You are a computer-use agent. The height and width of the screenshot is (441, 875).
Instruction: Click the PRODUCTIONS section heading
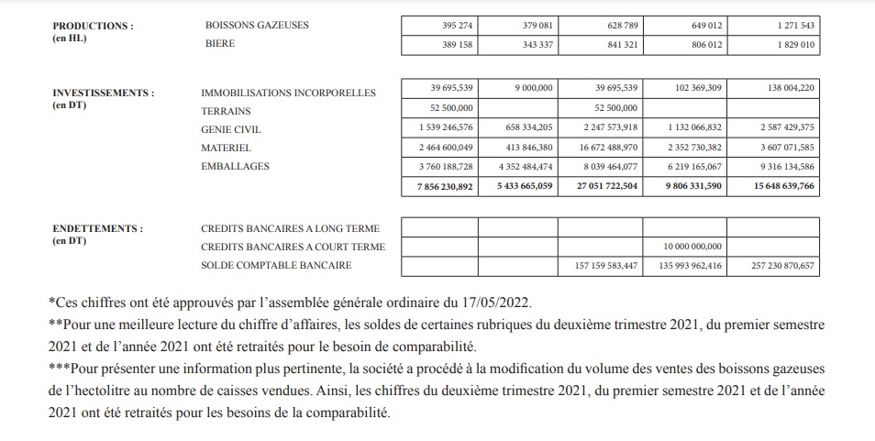tap(93, 26)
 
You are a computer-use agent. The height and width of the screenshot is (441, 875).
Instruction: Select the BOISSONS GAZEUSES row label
tap(257, 26)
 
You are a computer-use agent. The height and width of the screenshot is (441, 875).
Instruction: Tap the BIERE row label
tap(220, 43)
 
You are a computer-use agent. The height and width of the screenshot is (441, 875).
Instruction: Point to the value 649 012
tap(703, 26)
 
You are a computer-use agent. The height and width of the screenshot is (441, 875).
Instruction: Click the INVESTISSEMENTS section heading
tap(103, 93)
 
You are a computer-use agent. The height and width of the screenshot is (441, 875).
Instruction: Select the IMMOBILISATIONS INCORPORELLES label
tap(288, 93)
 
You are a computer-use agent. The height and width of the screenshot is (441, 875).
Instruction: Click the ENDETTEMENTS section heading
tap(97, 228)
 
